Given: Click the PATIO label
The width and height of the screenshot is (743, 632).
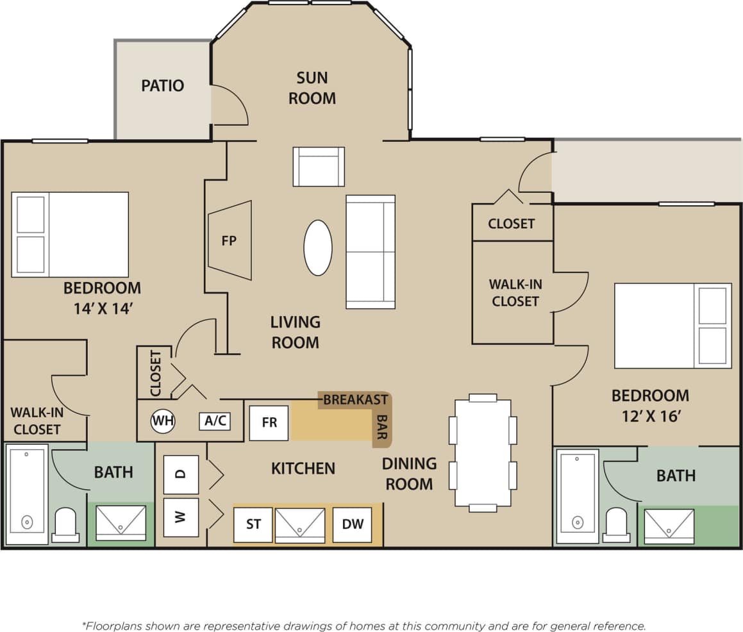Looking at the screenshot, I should [162, 85].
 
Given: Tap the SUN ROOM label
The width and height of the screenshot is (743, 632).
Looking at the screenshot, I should [312, 88].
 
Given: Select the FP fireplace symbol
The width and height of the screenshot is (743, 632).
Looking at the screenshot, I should [230, 240].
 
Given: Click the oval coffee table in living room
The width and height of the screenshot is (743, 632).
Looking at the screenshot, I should [318, 247].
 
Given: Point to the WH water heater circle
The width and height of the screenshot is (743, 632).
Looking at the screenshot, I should [162, 421].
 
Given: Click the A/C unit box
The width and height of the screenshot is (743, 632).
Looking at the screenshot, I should [215, 421].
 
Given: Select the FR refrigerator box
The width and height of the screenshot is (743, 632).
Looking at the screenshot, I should [269, 423].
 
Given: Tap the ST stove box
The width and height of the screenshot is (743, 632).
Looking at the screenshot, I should [253, 524].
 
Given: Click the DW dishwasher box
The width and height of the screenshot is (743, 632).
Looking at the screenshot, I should [352, 524].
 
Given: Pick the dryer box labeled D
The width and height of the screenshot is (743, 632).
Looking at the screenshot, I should [181, 474].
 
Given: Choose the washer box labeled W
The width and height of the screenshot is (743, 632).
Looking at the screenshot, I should [181, 517].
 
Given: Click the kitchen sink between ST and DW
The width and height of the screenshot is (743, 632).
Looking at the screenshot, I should [300, 525].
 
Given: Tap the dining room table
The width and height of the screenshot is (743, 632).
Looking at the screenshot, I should [483, 453].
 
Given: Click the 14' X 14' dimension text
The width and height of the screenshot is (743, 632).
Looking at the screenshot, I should [103, 308].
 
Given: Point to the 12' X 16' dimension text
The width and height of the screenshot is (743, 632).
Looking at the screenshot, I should [650, 416].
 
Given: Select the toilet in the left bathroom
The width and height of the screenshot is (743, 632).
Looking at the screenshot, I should [65, 525].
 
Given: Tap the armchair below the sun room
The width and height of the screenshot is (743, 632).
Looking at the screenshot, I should [319, 167].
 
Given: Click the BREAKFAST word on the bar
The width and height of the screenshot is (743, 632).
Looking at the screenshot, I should [355, 399].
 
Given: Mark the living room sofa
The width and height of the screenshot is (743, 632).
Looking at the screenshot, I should [371, 252].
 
